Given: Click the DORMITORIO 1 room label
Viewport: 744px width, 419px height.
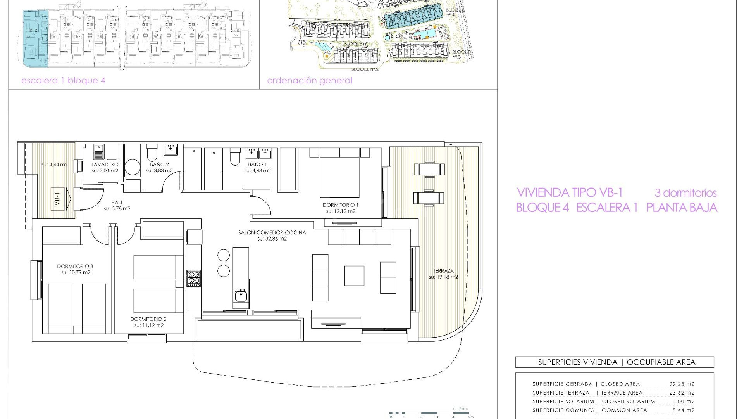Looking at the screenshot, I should tap(340, 205).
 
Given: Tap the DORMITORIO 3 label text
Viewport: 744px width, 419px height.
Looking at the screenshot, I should tap(75, 266).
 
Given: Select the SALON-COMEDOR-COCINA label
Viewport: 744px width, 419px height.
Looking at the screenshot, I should tap(272, 232).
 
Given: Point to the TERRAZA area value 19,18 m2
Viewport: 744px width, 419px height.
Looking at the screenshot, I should tap(443, 277).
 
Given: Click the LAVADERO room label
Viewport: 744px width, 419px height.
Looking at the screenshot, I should tap(105, 164).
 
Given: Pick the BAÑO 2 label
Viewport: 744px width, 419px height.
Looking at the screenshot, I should tap(159, 164).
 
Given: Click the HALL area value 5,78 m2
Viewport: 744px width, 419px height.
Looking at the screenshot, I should tap(117, 208).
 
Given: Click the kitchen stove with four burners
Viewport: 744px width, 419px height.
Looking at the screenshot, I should tap(194, 278).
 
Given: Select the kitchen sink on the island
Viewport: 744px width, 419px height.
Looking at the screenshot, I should tap(241, 296).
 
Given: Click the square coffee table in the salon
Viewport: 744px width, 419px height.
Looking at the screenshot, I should tap(354, 275).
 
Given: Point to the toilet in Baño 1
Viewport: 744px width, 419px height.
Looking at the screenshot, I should tap(235, 158).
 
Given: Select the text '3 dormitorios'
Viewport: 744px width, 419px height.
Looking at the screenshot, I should tap(685, 193).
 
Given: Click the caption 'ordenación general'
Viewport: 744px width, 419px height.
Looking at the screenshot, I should tap(309, 81).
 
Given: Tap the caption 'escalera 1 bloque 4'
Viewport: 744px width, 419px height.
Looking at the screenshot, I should tap(63, 81).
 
